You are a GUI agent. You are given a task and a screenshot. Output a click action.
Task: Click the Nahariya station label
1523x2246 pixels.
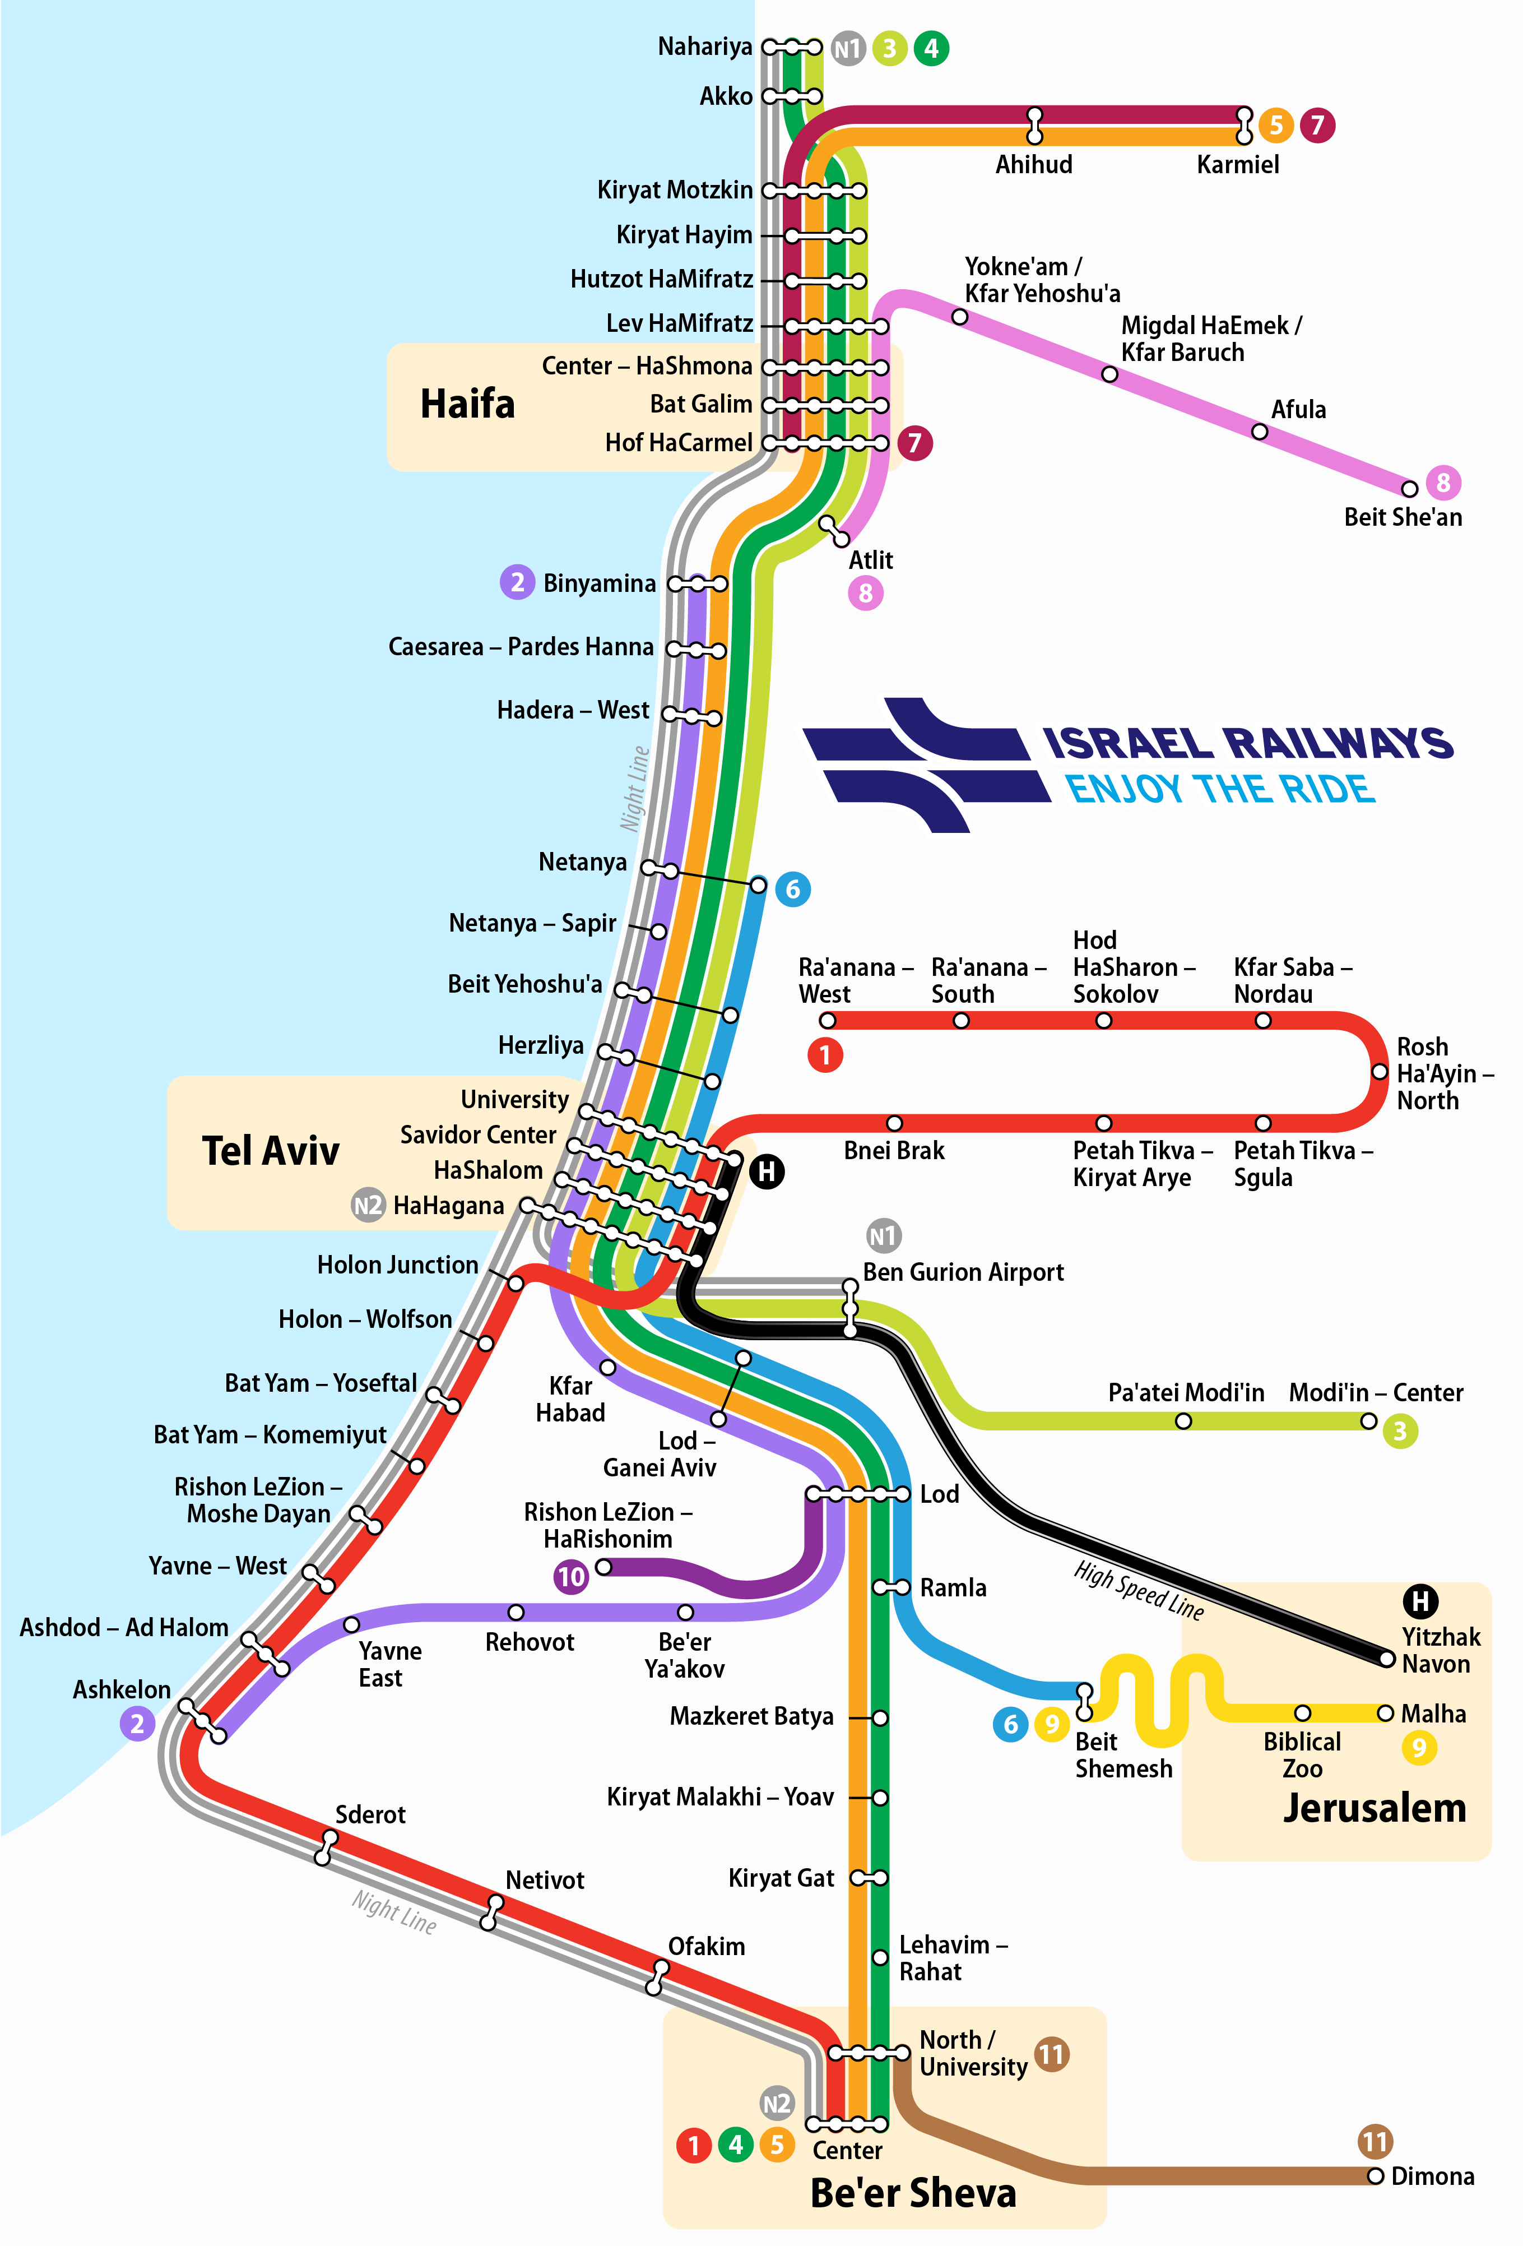704,47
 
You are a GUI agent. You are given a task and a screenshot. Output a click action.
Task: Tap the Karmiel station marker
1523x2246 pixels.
1245,126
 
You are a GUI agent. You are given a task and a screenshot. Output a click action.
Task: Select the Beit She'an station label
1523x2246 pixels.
1402,517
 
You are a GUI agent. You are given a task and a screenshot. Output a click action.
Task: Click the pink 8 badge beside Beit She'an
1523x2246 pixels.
1443,482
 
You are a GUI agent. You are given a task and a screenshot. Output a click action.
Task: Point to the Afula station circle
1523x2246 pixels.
1259,432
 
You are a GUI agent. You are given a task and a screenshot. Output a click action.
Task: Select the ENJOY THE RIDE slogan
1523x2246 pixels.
1219,790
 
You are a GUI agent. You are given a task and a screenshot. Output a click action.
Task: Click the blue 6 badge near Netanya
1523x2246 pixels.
792,889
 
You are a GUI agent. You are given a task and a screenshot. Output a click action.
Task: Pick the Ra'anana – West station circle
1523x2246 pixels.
827,1021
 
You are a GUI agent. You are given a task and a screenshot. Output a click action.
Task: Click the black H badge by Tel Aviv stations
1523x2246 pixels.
767,1171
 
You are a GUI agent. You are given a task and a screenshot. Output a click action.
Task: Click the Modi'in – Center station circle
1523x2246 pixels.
1368,1421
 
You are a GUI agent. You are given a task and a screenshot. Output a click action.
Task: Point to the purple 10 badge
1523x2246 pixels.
571,1577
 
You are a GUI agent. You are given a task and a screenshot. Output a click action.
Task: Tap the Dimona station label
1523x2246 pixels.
1432,2176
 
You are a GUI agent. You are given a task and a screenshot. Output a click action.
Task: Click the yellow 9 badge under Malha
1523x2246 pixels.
1419,1747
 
